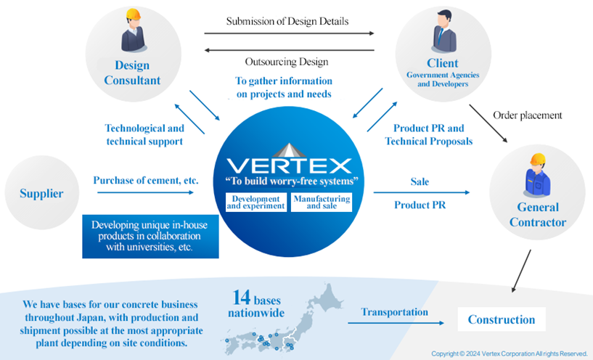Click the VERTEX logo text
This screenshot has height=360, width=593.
[x=288, y=165]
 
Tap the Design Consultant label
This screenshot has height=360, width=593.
[x=132, y=73]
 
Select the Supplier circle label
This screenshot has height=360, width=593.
[x=42, y=194]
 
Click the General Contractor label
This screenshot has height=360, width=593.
[x=537, y=215]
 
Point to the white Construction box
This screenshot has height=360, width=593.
[x=501, y=319]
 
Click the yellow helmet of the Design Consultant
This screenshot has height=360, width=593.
[x=132, y=16]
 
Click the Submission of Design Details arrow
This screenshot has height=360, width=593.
[x=289, y=33]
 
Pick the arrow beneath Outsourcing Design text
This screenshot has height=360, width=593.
[x=289, y=50]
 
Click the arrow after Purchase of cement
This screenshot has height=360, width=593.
[x=145, y=193]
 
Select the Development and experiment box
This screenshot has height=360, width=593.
[x=256, y=202]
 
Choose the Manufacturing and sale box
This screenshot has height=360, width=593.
[x=321, y=202]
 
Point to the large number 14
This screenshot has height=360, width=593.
[x=241, y=298]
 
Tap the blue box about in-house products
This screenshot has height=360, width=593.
[x=150, y=235]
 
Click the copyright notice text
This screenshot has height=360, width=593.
[x=509, y=353]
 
